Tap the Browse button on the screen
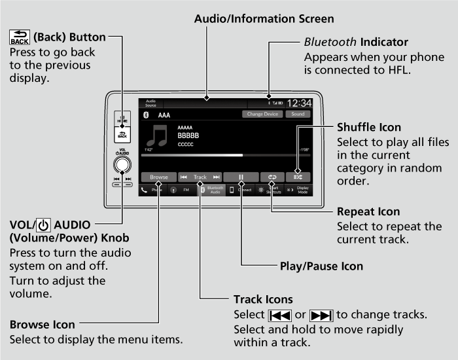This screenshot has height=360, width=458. coord(159,177)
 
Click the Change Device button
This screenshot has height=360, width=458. coord(262,115)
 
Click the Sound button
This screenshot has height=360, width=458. coord(298,115)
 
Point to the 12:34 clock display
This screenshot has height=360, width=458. coord(299,103)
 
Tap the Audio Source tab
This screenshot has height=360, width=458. coord(151,103)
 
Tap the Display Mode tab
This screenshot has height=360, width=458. coord(300,190)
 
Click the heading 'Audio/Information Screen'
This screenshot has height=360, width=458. coord(264,19)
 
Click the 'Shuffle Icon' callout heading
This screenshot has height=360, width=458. coord(369,126)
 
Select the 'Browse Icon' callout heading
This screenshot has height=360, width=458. coord(43,324)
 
